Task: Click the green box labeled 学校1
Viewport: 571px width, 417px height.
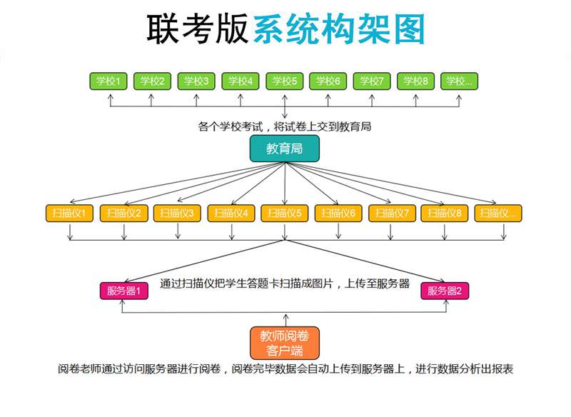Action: pyautogui.click(x=108, y=81)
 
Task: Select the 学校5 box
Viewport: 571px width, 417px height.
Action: pyautogui.click(x=284, y=81)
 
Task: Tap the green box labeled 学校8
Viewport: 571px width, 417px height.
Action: pyautogui.click(x=415, y=81)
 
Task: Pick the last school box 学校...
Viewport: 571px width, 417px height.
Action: pyautogui.click(x=459, y=81)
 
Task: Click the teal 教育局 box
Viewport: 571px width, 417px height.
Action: pyautogui.click(x=285, y=149)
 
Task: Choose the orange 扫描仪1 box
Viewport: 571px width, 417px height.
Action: pyautogui.click(x=69, y=213)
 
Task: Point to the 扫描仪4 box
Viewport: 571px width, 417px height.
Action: pyautogui.click(x=231, y=213)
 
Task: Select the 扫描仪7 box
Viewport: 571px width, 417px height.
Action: pyautogui.click(x=392, y=213)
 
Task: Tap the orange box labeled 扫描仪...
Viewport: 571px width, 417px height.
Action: pyautogui.click(x=499, y=213)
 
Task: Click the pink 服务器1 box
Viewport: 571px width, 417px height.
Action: pyautogui.click(x=123, y=291)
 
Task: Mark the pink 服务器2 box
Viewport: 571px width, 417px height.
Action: pyautogui.click(x=445, y=291)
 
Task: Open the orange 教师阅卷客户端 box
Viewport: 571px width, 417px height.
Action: pyautogui.click(x=285, y=343)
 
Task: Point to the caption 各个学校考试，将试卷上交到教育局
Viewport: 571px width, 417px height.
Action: pyautogui.click(x=285, y=126)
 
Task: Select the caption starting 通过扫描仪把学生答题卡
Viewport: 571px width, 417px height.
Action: pyautogui.click(x=285, y=283)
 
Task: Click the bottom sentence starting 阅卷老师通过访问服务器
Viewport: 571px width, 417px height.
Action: pyautogui.click(x=285, y=369)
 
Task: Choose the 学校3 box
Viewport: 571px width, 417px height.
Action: pyautogui.click(x=196, y=81)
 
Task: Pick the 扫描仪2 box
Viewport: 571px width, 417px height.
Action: pyautogui.click(x=123, y=213)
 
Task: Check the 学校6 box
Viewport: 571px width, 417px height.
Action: pyautogui.click(x=328, y=81)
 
